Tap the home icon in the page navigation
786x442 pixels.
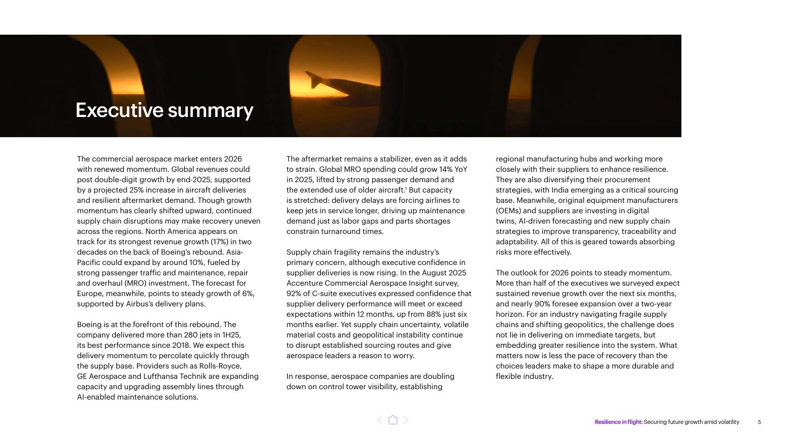393,420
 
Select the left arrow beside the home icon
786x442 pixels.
380,420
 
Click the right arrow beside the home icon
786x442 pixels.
406,420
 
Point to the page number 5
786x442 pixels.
759,422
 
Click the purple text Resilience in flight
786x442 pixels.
618,422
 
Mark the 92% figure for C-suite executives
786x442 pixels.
294,293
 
